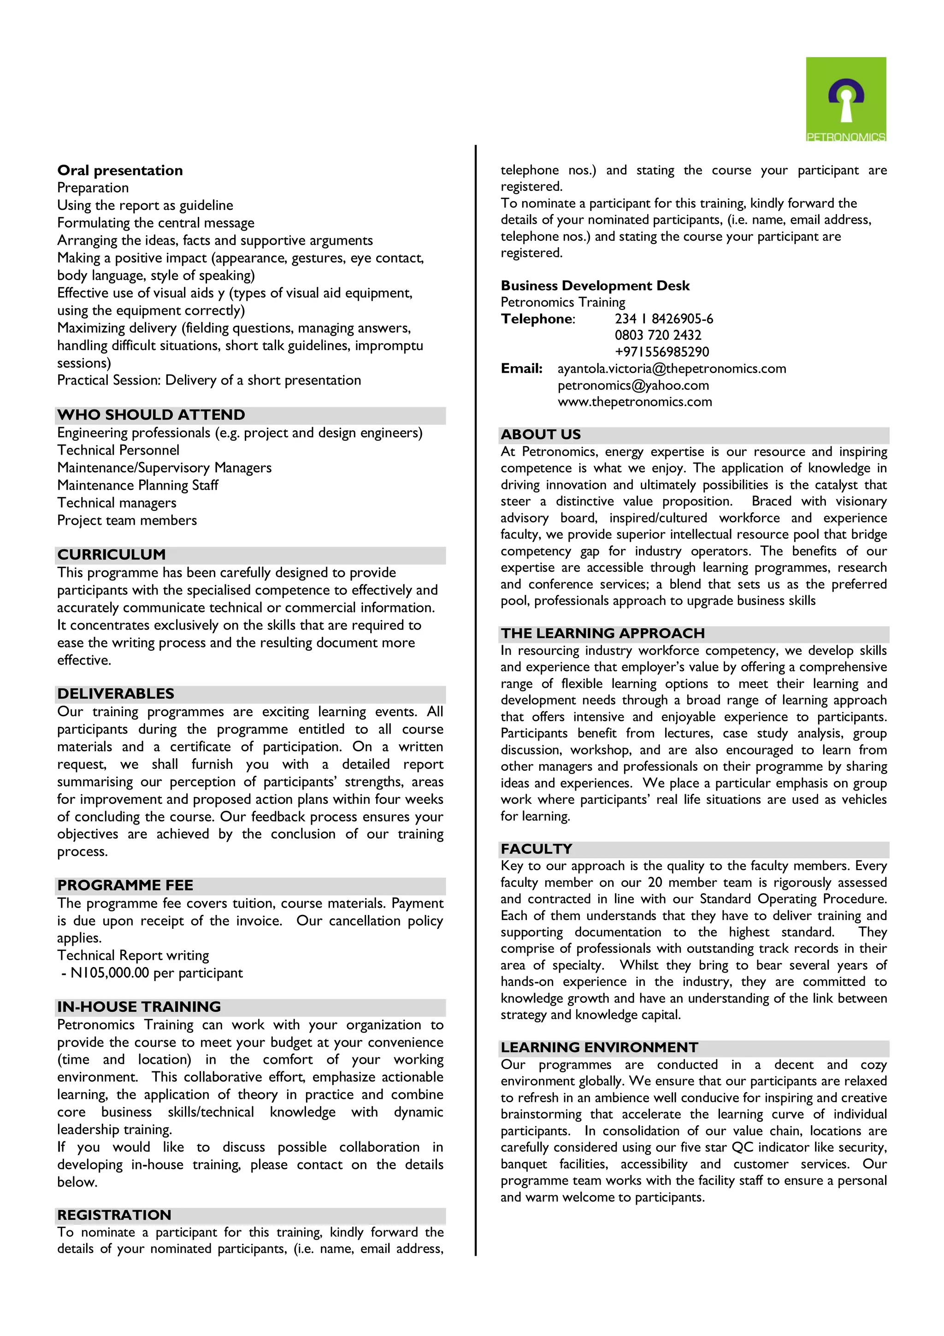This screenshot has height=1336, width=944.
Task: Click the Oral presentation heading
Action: [x=120, y=171]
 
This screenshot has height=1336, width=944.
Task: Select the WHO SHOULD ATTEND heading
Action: [x=151, y=415]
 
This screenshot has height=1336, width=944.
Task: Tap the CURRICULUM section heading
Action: [x=111, y=554]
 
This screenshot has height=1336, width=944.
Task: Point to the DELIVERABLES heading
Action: [x=116, y=694]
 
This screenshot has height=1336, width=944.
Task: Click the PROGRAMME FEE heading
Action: [x=125, y=885]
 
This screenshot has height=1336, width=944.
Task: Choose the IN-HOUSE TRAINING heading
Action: [x=139, y=1007]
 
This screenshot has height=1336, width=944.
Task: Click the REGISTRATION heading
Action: [x=114, y=1215]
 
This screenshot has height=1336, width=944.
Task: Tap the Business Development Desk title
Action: [x=595, y=286]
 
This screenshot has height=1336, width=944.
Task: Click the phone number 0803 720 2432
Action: [x=658, y=335]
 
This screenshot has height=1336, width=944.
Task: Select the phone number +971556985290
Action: [x=662, y=352]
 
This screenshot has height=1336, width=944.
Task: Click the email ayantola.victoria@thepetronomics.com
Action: [x=672, y=368]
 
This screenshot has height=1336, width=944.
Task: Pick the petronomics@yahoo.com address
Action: [x=633, y=385]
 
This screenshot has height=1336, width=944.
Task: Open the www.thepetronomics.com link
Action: [x=635, y=402]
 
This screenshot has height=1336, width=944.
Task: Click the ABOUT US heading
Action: [x=541, y=435]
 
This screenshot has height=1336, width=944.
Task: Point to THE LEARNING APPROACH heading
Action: [x=602, y=633]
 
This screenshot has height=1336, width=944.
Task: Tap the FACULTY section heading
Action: [x=536, y=849]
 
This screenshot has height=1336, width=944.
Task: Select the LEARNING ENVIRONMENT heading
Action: [x=599, y=1047]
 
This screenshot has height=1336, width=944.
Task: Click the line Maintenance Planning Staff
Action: [x=137, y=485]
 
